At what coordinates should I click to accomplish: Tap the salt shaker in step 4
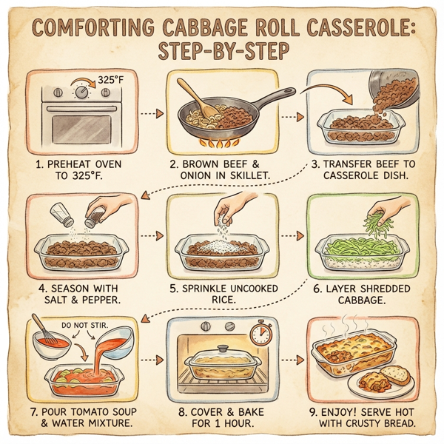point(61,217)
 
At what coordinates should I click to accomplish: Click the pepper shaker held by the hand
point(94,215)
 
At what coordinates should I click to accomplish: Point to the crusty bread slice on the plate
point(395,374)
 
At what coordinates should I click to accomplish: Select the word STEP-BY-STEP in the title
point(223,55)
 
